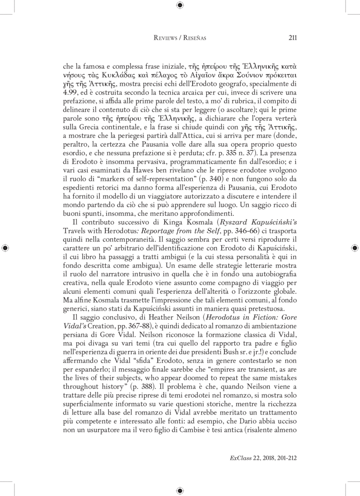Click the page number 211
point(291,38)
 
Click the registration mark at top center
point(180,6)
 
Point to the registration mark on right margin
point(354,248)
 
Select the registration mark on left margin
point(6,248)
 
